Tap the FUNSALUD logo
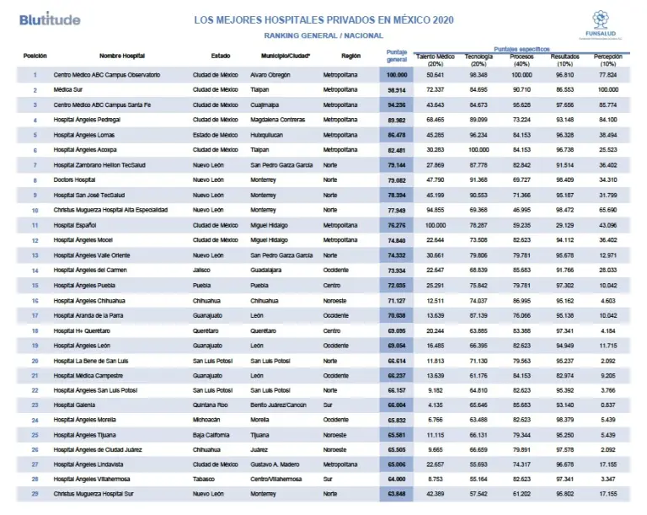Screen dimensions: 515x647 tap(601, 24)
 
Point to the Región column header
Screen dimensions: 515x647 tap(351, 55)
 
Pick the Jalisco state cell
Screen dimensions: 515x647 tap(205, 271)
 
